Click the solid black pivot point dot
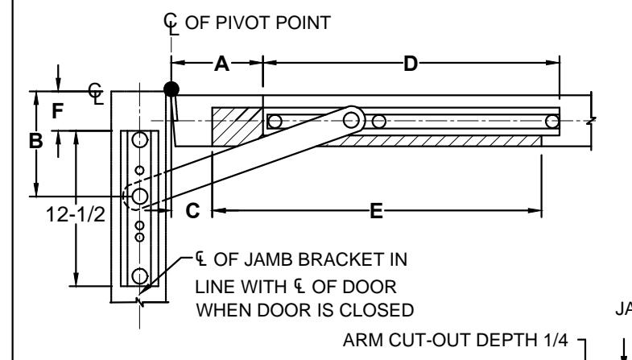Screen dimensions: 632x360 [x=171, y=89]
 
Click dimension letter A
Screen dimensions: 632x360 [x=221, y=64]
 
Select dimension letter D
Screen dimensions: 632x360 [x=411, y=64]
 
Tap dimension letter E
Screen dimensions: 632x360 [x=376, y=211]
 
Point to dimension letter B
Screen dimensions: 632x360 [x=36, y=141]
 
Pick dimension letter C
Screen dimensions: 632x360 [x=192, y=211]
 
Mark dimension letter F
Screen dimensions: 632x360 [x=58, y=111]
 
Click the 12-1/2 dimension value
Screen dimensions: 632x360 [x=76, y=214]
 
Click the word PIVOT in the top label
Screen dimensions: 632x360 [x=245, y=23]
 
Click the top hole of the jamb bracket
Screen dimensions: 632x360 [x=140, y=140]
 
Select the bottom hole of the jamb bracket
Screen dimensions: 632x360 [x=140, y=276]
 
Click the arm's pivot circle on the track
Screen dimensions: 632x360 [x=352, y=120]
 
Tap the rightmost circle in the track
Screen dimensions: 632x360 [x=552, y=122]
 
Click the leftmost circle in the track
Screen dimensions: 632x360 [x=275, y=122]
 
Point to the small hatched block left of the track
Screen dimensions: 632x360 [x=238, y=126]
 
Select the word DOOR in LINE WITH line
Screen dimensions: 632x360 [x=354, y=287]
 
